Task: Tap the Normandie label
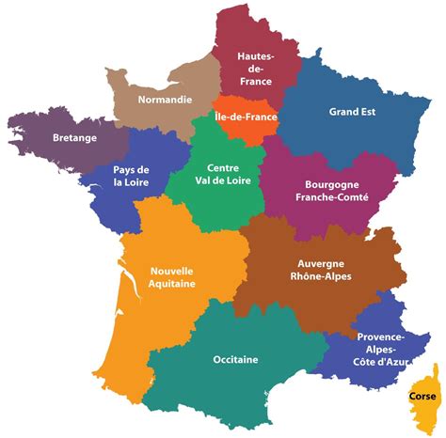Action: pyautogui.click(x=165, y=99)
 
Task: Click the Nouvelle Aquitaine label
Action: pyautogui.click(x=172, y=278)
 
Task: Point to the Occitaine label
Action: pyautogui.click(x=235, y=357)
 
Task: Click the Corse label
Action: pyautogui.click(x=422, y=396)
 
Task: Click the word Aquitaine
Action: pyautogui.click(x=172, y=285)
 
